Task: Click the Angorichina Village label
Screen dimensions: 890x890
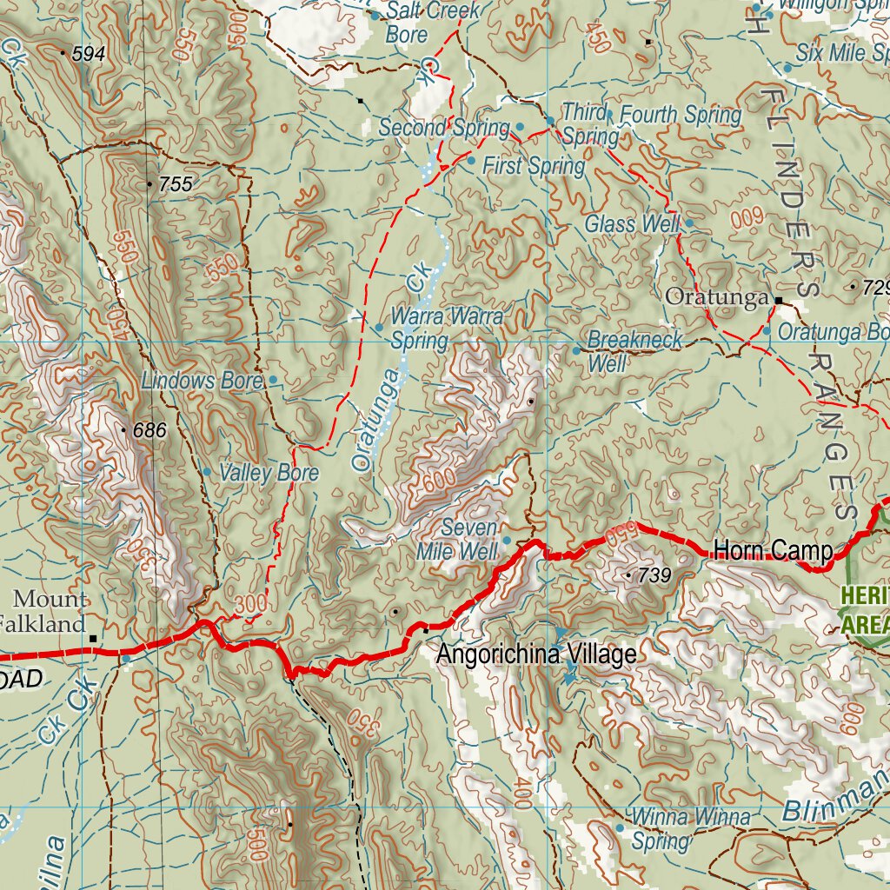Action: click(x=536, y=654)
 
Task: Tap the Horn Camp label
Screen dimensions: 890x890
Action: click(x=773, y=550)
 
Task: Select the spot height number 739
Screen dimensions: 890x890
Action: click(x=654, y=575)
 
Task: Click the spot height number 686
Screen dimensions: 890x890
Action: click(x=149, y=429)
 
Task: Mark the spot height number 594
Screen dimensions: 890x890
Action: click(x=89, y=54)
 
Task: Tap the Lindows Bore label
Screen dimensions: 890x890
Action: click(x=202, y=381)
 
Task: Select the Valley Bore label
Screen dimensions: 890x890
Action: click(x=269, y=473)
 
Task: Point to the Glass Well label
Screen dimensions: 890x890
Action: click(x=631, y=223)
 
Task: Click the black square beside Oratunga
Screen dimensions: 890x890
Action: click(x=779, y=301)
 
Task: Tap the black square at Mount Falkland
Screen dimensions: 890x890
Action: click(x=93, y=639)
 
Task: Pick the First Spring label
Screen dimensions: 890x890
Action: click(x=534, y=165)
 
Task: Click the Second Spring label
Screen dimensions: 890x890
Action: click(x=443, y=128)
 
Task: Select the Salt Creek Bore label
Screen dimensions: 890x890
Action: click(x=431, y=23)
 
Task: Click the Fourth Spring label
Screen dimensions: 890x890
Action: click(x=681, y=114)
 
